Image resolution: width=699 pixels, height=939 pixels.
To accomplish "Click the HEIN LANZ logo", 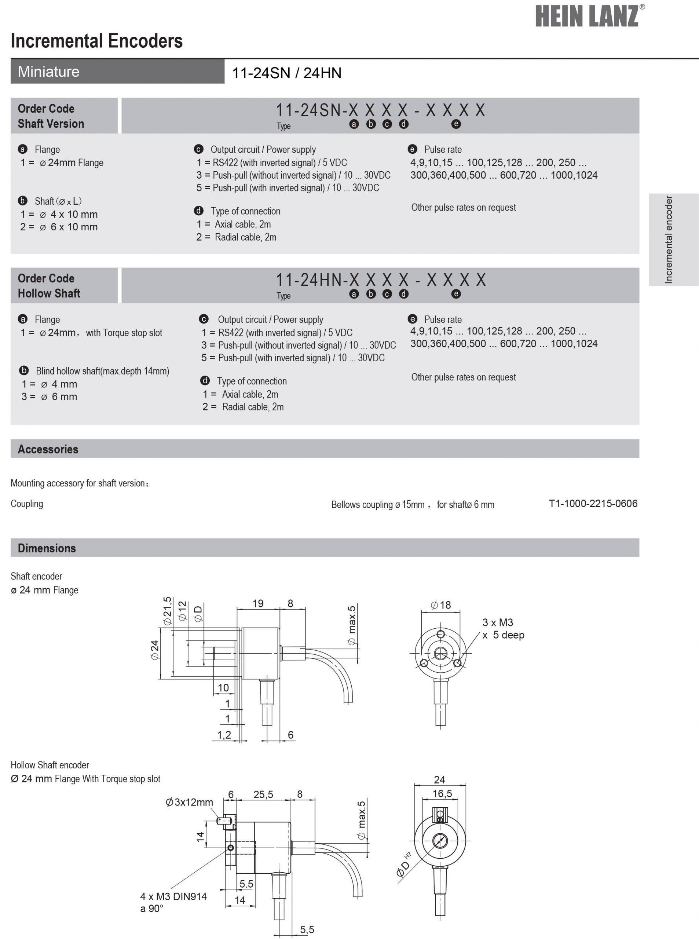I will pos(590,16).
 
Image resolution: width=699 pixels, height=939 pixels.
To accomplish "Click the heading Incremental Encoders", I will pos(96,41).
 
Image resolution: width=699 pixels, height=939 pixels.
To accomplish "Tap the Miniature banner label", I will pos(49,72).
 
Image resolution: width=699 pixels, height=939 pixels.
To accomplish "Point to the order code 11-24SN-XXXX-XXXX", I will pos(380,110).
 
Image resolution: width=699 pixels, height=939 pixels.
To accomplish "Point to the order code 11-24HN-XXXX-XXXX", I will pos(380,280).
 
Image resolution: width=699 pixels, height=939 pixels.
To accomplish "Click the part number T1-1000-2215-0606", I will pos(593,504).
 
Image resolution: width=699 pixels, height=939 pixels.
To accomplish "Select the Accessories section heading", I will pos(48,449).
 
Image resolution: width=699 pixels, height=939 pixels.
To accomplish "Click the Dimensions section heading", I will pos(47,548).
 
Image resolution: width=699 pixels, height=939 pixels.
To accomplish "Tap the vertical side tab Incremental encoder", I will pos(669,240).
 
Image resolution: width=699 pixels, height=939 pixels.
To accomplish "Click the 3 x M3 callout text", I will pos(498,622).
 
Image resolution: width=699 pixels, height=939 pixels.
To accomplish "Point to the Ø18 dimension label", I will pos(440,605).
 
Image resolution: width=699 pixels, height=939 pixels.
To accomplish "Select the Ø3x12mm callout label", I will pos(189,802).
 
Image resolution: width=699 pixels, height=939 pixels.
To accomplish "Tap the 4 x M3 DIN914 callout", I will pos(173,896).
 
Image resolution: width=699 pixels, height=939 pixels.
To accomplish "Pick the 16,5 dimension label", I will pos(442,793).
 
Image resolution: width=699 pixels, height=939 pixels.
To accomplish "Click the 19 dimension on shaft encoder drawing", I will pos(258,603).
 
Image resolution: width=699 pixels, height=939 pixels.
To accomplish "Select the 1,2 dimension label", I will pos(224,735).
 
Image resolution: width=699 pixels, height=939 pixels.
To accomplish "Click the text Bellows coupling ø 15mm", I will pos(377,504).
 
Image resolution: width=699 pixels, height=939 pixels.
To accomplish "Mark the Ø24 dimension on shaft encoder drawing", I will pos(155,650).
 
